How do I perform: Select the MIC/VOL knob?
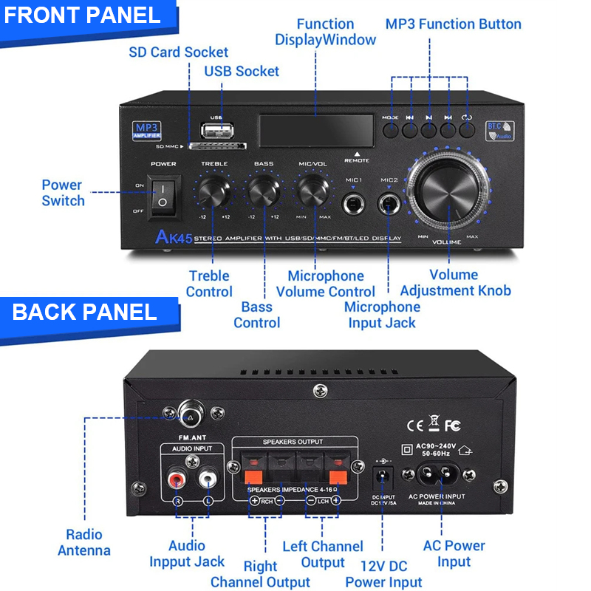click(x=313, y=191)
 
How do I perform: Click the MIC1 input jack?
click(x=354, y=202)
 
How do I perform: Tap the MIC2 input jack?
click(x=388, y=202)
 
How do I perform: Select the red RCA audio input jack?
click(x=177, y=480)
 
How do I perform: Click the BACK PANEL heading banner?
click(x=84, y=312)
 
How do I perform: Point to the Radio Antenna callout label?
click(x=84, y=542)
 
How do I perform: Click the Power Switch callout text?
click(x=63, y=193)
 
